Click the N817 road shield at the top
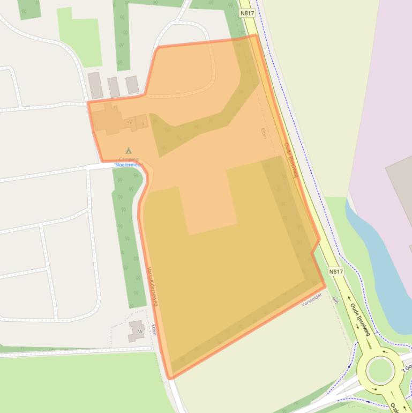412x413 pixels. point(247,13)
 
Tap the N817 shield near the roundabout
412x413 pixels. point(336,271)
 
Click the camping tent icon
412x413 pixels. point(128,151)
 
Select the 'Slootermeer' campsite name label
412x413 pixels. point(128,165)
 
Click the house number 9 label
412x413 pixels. point(143,124)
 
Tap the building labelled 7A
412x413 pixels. point(137,330)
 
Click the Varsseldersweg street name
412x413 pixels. point(152,287)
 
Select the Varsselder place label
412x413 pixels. point(312,300)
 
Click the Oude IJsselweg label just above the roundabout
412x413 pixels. point(360,320)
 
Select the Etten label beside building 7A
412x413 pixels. point(154,329)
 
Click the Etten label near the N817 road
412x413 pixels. point(263,133)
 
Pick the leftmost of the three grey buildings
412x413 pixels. point(95,85)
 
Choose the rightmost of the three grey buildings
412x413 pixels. point(132,84)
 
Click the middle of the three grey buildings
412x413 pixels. point(114,86)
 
